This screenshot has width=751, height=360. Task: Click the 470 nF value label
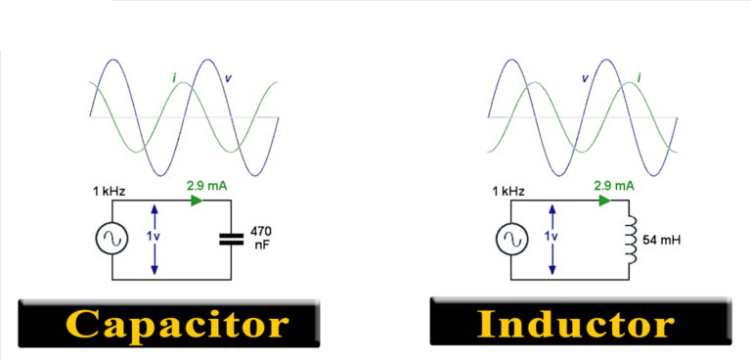(x=261, y=239)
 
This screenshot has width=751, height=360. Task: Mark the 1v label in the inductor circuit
(x=571, y=237)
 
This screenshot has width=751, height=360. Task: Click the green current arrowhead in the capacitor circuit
(x=198, y=201)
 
